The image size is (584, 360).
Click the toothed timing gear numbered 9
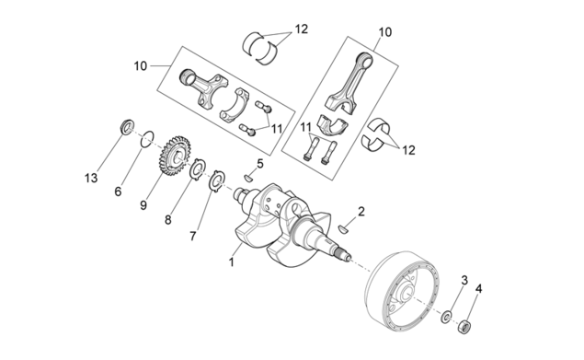175,156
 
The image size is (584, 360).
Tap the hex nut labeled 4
464,327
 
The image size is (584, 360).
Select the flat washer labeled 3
446,317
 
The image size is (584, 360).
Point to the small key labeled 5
248,179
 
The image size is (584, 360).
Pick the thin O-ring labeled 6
147,139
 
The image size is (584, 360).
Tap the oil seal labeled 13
127,126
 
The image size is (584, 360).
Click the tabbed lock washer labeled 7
216,181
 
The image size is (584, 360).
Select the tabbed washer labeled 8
198,168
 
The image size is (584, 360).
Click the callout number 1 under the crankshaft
231,261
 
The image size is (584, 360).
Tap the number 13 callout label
91,178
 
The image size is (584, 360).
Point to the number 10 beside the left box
141,66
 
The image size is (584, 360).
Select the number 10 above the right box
385,32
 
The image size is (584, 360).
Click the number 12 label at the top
302,29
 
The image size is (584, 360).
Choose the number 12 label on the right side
408,150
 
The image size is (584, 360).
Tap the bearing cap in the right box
333,123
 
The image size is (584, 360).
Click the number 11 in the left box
277,129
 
